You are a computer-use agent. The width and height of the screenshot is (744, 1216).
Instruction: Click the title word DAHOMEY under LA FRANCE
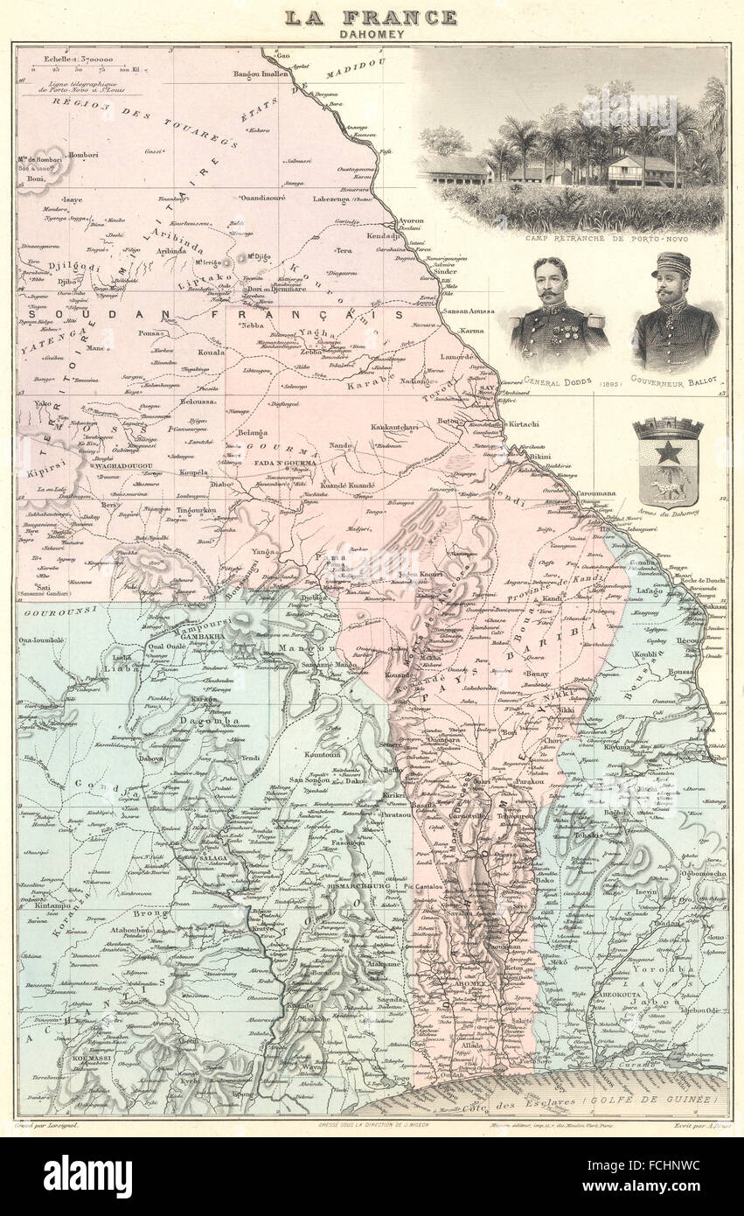pyautogui.click(x=372, y=33)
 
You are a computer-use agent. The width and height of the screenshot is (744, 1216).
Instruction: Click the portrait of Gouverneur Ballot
pyautogui.click(x=675, y=311)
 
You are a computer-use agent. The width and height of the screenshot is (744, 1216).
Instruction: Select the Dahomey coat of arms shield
pyautogui.click(x=669, y=464)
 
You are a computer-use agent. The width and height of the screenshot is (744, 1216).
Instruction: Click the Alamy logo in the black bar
pyautogui.click(x=87, y=1176)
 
